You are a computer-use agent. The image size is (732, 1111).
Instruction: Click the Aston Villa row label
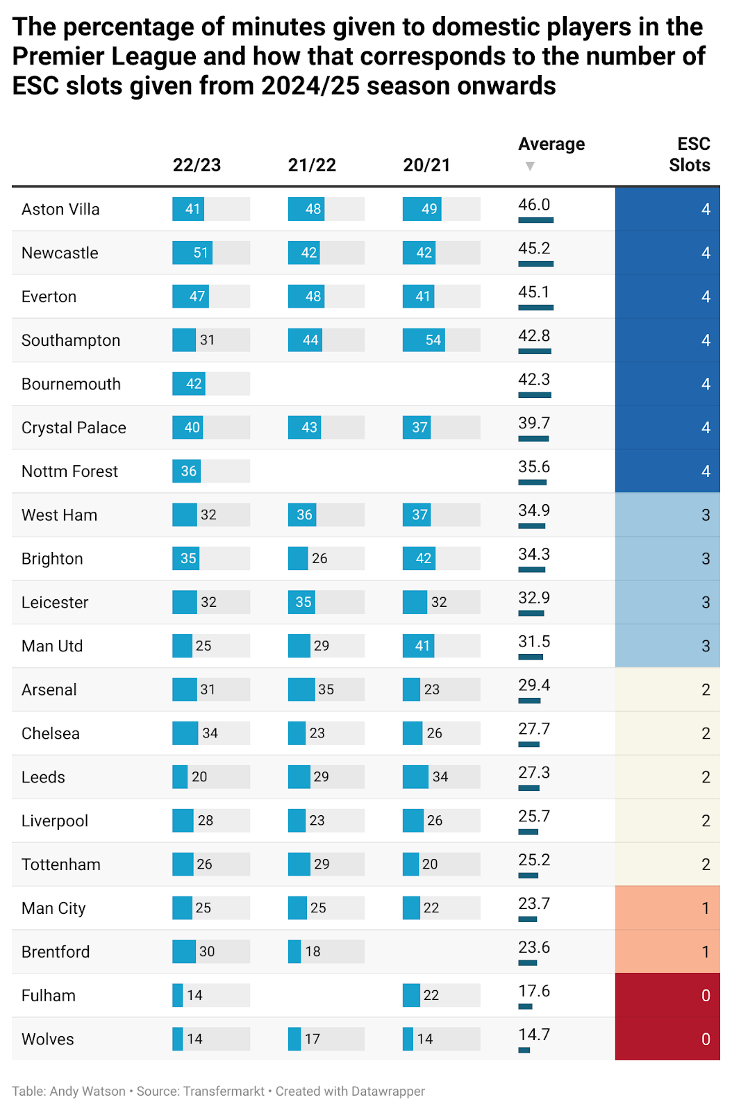60,210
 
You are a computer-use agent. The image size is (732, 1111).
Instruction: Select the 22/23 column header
197,165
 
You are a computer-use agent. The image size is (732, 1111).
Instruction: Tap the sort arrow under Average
530,166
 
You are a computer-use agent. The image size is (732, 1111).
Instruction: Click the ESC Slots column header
689,154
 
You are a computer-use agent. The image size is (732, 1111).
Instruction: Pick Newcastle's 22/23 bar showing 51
192,253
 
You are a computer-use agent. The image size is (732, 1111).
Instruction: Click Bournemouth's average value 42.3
534,380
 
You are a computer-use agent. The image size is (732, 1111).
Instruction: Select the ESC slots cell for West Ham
667,515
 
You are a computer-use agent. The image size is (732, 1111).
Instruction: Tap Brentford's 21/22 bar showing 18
294,951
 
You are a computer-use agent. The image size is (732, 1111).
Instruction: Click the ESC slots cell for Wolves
667,1039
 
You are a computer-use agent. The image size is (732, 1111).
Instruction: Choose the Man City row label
53,908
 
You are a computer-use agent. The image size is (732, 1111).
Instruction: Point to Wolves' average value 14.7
534,1035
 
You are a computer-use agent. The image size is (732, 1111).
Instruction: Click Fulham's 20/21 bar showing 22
411,995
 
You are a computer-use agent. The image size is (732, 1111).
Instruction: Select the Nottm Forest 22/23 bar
186,471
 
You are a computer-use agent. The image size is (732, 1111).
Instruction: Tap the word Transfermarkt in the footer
224,1091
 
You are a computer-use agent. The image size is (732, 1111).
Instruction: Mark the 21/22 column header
312,165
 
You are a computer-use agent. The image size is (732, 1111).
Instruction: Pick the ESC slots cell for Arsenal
667,690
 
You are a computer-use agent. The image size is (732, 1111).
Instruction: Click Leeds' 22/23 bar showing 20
180,777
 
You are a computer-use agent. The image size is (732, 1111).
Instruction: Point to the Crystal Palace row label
74,428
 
